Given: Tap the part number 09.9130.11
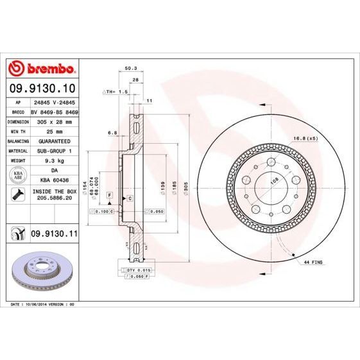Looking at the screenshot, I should tap(55, 236).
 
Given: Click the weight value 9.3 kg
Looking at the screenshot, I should tap(54, 160).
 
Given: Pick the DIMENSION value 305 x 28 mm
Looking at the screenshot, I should tap(54, 121).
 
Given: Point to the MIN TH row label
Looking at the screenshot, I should tap(17, 130).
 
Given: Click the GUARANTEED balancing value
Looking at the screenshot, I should tap(54, 141).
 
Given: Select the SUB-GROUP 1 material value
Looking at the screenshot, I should tap(54, 150).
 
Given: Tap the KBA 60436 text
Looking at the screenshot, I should tap(54, 180).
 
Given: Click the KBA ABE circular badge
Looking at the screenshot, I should tap(17, 175).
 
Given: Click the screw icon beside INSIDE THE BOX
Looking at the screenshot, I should tap(17, 194).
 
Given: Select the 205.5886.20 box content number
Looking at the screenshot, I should tap(54, 199).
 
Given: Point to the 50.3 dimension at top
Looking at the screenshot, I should tap(130, 68).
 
